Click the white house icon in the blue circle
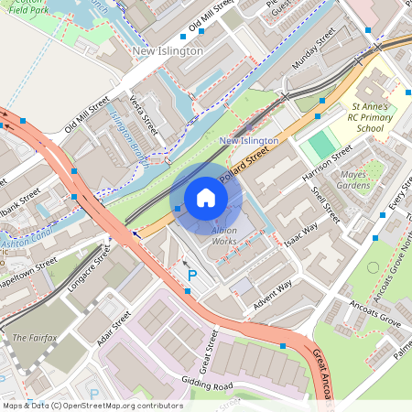coord(206,198)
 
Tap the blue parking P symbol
coord(192,274)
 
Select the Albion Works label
coord(224,235)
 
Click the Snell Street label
coord(326,205)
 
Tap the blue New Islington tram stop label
coord(249,140)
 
